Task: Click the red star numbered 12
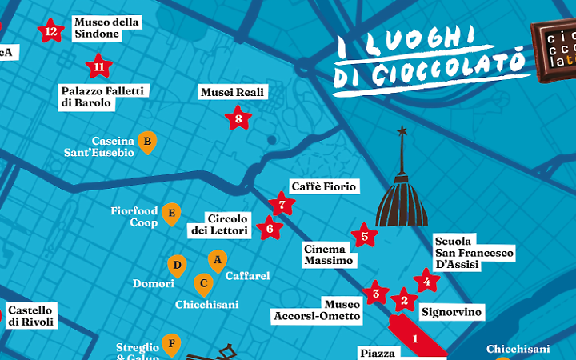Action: pos(51,32)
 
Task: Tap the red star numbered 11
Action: pos(99,66)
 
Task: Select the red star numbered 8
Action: pos(238,119)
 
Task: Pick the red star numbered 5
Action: pos(364,236)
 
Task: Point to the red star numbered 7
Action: pos(281,205)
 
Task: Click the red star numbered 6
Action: pos(270,229)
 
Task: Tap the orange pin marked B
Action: pos(146,142)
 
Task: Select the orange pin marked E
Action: pos(170,214)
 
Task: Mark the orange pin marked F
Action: pos(170,345)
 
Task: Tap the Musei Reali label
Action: pos(233,93)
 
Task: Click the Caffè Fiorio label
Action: pos(323,186)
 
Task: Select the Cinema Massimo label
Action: pos(328,255)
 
